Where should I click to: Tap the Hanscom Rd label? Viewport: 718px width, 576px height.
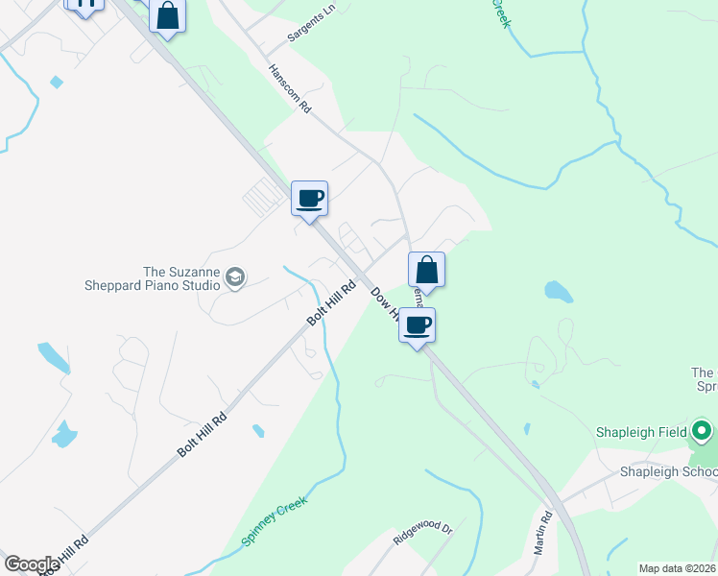coord(290,89)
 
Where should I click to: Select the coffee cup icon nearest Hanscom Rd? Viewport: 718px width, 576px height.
coord(309,199)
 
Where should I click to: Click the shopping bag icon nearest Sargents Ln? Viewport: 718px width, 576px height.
coord(168,16)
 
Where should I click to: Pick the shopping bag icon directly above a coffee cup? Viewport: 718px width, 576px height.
coord(427,269)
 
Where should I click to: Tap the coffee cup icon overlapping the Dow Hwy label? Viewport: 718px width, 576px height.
coord(417,325)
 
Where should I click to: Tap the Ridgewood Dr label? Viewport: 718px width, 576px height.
coord(422,533)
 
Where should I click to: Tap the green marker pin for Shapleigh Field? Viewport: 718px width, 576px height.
coord(703,431)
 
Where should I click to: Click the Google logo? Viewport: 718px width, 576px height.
coord(32,564)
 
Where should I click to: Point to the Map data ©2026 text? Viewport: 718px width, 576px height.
coord(677,568)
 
